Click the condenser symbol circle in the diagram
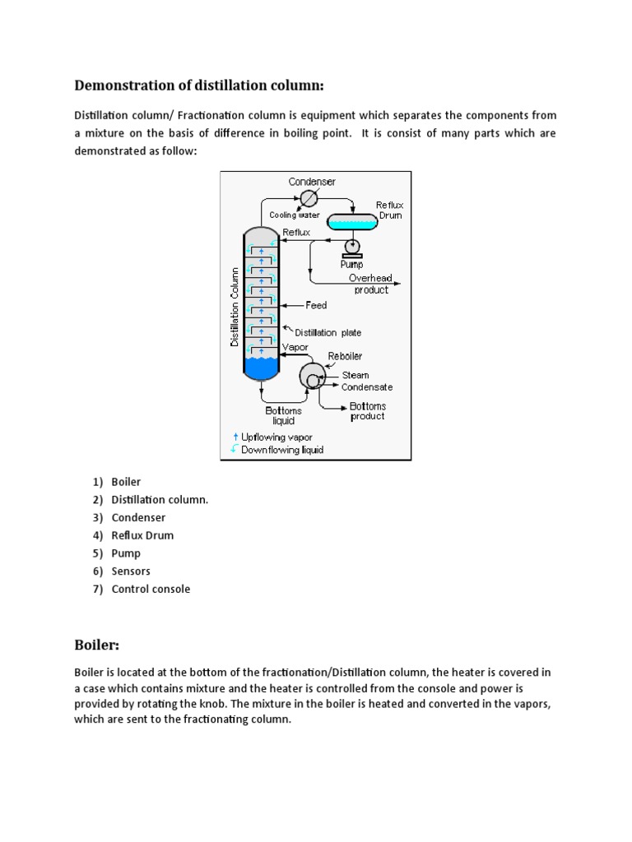click(309, 199)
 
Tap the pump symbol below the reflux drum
click(353, 246)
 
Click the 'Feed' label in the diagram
click(316, 305)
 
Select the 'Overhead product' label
click(371, 284)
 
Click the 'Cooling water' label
click(295, 215)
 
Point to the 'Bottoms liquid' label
click(283, 415)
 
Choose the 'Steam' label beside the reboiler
click(355, 375)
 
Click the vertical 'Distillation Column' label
click(235, 306)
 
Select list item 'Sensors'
click(131, 571)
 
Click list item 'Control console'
click(151, 589)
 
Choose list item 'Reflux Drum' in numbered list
click(142, 535)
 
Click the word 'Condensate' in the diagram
click(367, 386)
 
